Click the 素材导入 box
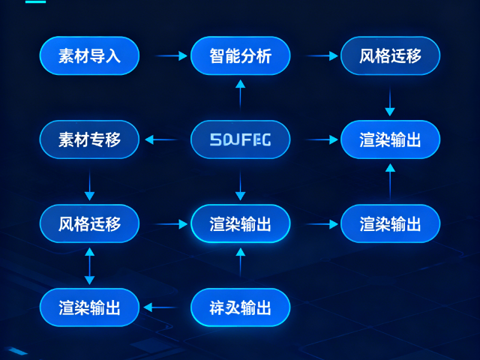pos(89,55)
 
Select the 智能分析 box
pos(240,55)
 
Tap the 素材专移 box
pos(89,139)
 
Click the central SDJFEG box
pos(240,139)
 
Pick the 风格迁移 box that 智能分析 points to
pos(390,55)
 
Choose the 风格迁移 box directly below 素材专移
pos(89,223)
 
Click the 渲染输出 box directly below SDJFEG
pos(240,223)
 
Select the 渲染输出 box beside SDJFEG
pos(390,139)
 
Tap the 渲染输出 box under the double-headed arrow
pos(89,307)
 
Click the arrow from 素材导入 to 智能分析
pos(170,55)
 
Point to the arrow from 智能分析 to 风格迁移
pos(322,55)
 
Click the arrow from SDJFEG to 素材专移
pos(161,139)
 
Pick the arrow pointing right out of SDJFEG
pos(322,139)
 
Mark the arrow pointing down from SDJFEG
pos(240,185)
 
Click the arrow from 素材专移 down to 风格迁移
pos(89,185)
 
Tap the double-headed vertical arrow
pos(89,265)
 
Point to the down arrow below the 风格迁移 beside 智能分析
pos(390,100)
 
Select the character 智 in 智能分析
pos(218,55)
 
